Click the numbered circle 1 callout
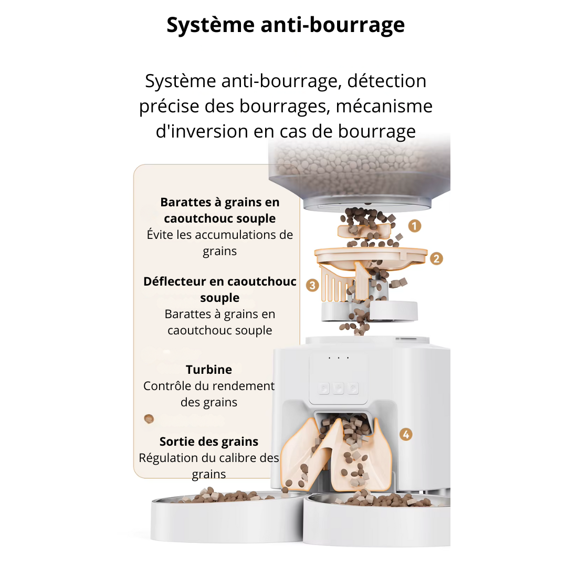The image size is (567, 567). tap(415, 226)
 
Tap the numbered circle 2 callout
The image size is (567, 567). tap(436, 258)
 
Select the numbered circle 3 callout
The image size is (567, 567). tap(312, 285)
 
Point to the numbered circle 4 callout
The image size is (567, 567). tap(405, 434)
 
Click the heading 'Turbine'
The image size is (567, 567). tap(209, 369)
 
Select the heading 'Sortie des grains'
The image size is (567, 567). tap(209, 441)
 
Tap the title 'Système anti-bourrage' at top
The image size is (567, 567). tap(286, 25)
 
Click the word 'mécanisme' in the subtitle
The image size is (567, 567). tap(384, 106)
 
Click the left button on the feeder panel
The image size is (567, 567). tap(324, 388)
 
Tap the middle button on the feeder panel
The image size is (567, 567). tap(339, 388)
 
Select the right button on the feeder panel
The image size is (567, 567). tap(353, 388)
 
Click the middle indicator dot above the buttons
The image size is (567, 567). tap(339, 358)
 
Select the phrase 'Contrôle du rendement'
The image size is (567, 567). tap(209, 386)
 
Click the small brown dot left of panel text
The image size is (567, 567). tap(149, 418)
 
